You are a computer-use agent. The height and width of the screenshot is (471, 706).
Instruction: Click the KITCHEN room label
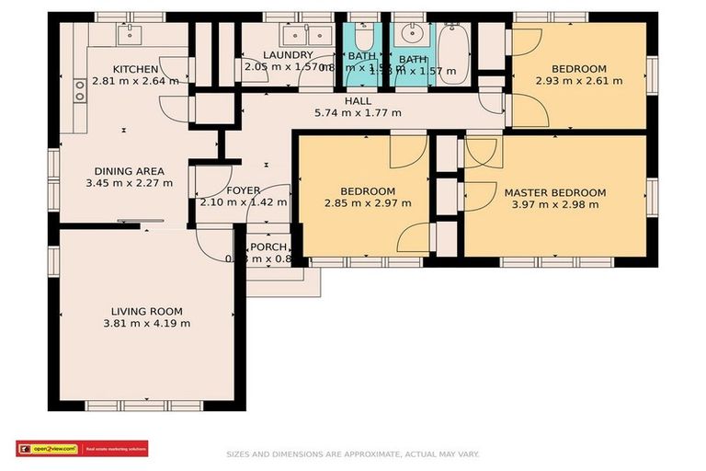[x=136, y=69]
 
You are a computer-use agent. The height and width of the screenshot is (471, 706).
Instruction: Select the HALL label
[x=358, y=100]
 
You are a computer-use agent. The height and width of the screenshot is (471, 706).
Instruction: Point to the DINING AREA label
[x=130, y=170]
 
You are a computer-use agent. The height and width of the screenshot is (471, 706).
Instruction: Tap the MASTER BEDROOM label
[x=555, y=192]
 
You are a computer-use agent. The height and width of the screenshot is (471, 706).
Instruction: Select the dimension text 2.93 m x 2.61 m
[x=579, y=81]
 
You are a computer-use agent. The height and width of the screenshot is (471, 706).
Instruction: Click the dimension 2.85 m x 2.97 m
[x=367, y=203]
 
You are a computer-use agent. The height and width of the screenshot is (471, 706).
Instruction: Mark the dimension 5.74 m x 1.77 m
[x=358, y=112]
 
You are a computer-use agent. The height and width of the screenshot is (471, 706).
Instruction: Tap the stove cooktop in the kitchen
[x=80, y=90]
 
